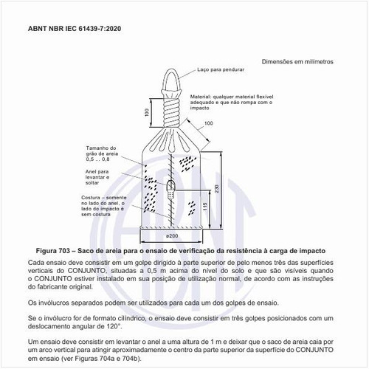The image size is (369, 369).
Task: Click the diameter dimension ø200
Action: tap(171, 237)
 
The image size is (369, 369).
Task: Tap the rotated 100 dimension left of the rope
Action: tap(147, 111)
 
